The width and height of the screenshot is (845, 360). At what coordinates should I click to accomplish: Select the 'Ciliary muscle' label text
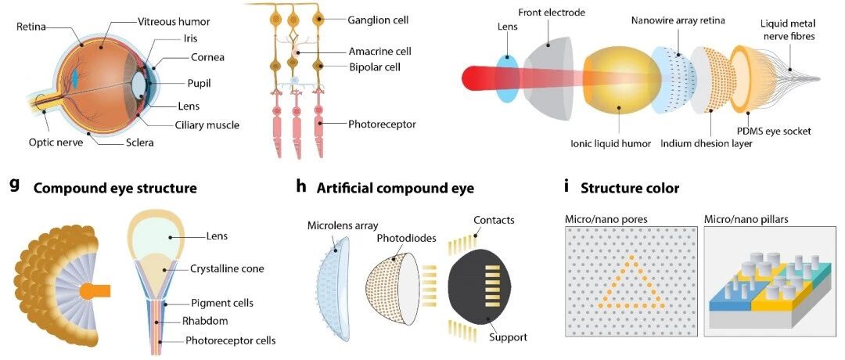coord(207,124)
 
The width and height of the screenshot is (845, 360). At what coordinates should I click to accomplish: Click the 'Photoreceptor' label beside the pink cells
coord(382,124)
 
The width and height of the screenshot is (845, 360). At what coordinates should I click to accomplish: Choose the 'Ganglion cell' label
coord(378,19)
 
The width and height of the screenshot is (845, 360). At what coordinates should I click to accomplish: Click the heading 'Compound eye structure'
coord(115,188)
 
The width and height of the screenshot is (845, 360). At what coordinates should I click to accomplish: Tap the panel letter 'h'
coord(301,187)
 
